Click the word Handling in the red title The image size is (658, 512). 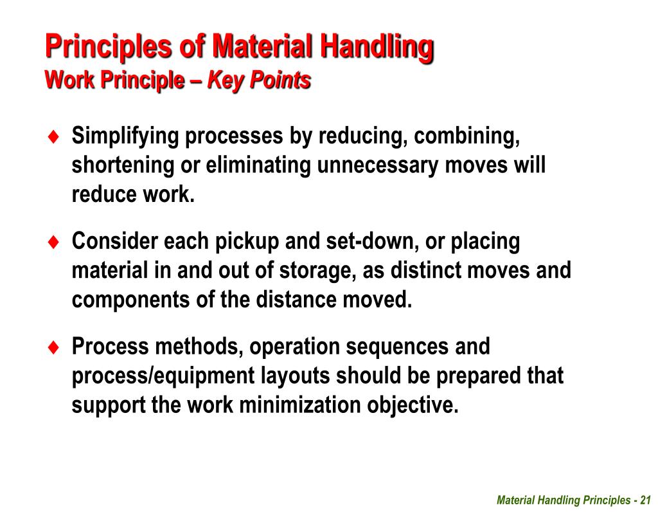(x=377, y=47)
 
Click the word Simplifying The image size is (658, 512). (x=125, y=136)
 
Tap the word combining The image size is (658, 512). (x=466, y=136)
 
